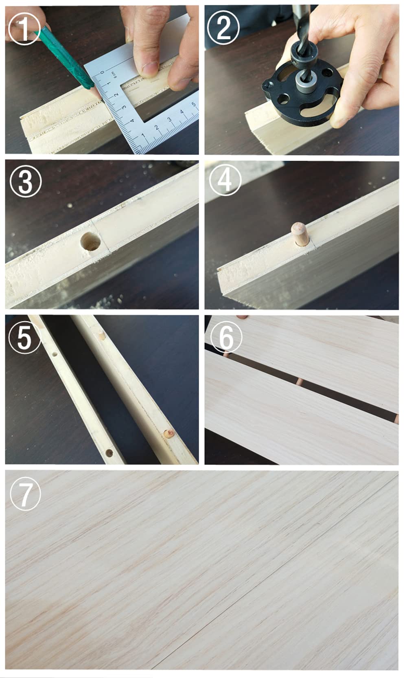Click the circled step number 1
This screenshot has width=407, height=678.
click(x=24, y=29)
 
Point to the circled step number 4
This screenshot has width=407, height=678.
click(x=225, y=180)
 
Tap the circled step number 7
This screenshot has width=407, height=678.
click(x=25, y=495)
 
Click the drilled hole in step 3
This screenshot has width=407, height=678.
click(x=91, y=242)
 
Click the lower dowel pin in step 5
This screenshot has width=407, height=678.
click(x=169, y=433)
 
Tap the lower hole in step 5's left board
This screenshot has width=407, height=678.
click(x=109, y=453)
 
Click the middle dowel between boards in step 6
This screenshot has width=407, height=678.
click(x=300, y=382)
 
